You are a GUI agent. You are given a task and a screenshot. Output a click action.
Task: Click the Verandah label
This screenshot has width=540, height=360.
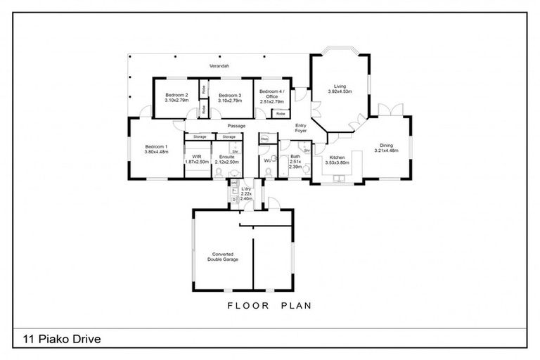point(218,66)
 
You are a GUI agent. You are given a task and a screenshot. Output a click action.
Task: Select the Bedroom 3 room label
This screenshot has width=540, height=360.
point(229,95)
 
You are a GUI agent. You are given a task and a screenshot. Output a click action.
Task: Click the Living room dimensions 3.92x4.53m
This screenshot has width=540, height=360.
point(340,91)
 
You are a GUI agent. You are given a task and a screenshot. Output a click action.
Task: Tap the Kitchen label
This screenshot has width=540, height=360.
point(338,157)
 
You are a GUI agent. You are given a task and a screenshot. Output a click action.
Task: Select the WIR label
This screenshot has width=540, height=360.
point(197,157)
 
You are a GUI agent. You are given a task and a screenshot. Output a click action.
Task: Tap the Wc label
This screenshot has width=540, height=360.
point(268,160)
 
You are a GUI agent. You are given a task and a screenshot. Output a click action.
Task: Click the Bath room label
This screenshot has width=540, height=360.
point(295,157)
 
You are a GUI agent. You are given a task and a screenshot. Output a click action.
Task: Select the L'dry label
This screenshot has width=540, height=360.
point(246,190)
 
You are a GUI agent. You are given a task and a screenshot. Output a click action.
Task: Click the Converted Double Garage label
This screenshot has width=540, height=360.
point(222,257)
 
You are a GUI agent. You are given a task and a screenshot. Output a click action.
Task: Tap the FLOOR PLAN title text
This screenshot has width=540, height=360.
point(269,306)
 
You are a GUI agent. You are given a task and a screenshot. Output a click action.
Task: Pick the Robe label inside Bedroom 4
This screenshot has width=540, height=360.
point(280,113)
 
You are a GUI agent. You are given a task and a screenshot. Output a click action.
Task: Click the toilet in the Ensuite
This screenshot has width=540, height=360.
point(220,172)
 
